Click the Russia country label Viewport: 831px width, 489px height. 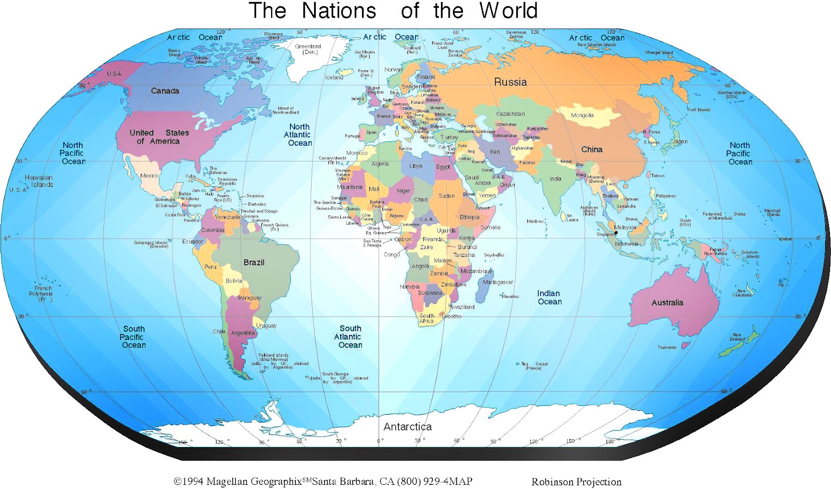click(x=510, y=82)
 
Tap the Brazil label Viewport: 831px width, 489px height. click(x=254, y=263)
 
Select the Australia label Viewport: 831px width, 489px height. click(x=667, y=303)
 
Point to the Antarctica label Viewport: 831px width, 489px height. click(x=408, y=427)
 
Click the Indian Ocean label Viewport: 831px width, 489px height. click(x=549, y=297)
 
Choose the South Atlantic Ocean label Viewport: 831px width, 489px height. click(x=350, y=337)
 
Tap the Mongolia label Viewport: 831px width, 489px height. click(x=582, y=115)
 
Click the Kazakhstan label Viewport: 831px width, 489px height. click(x=510, y=114)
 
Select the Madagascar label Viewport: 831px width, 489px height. click(x=498, y=282)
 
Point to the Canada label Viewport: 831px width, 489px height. click(x=165, y=91)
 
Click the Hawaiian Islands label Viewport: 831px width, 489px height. click(x=39, y=181)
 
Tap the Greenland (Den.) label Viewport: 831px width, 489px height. click(x=308, y=49)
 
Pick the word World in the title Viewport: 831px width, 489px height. click(x=508, y=11)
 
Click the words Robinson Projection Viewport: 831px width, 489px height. click(x=576, y=482)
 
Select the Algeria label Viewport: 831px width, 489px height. click(x=380, y=164)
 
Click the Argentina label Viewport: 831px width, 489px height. click(x=243, y=333)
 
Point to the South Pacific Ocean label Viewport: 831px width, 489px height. click(x=133, y=337)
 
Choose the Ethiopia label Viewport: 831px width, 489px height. click(x=470, y=218)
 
